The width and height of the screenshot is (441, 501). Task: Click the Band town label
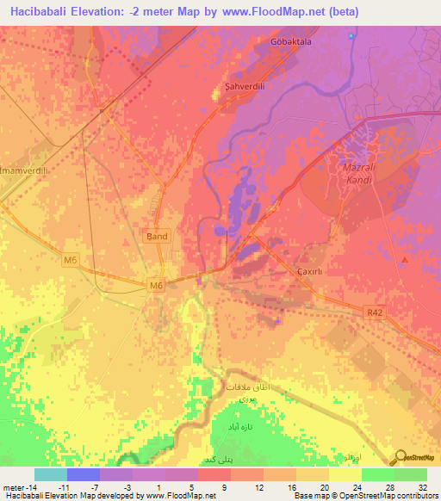pos(158,236)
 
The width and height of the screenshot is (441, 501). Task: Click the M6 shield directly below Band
pos(156,286)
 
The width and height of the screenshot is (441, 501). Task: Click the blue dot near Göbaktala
pos(351,35)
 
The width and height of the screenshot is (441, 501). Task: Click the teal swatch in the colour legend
pos(50,474)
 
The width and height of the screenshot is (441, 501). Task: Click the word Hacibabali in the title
pos(43,12)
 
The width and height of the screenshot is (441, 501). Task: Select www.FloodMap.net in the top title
pos(276,12)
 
